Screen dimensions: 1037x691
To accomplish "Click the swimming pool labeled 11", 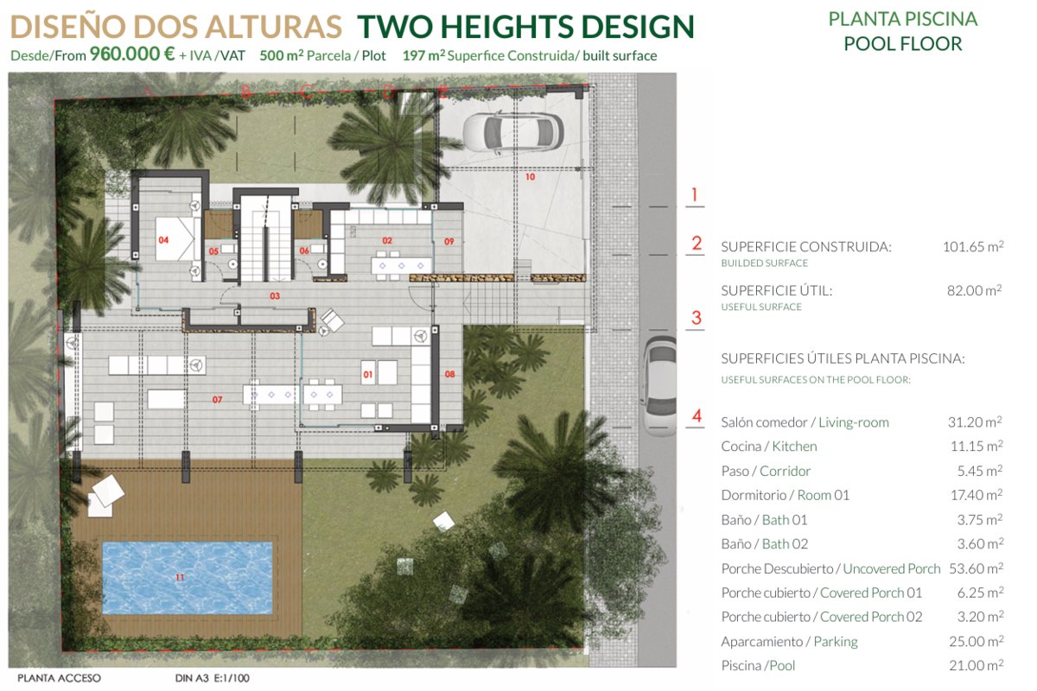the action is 187,578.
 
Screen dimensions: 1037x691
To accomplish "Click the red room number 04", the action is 163,240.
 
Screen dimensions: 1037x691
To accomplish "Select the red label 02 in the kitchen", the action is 387,241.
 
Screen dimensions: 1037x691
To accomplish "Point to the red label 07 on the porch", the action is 217,399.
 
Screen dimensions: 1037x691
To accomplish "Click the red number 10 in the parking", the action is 530,177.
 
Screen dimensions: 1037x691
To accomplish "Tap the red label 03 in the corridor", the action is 275,295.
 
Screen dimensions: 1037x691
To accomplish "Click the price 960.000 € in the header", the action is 132,54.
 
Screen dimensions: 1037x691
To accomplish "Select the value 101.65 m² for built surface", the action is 973,246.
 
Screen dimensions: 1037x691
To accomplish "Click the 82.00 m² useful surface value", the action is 975,290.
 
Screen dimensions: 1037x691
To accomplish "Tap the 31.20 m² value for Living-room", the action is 975,422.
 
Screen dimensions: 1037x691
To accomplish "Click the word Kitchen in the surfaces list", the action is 794,447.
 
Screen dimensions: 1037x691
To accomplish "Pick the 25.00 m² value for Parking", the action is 976,641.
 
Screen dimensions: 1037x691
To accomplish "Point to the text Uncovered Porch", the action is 892,568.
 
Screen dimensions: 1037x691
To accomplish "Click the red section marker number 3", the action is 696,318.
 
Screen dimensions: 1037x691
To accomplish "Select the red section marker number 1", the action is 695,195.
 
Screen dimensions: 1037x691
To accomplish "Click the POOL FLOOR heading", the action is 903,44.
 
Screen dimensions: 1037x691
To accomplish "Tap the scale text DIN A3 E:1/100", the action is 212,678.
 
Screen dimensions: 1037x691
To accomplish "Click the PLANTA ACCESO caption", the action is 59,678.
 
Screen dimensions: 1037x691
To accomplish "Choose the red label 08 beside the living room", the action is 449,374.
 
